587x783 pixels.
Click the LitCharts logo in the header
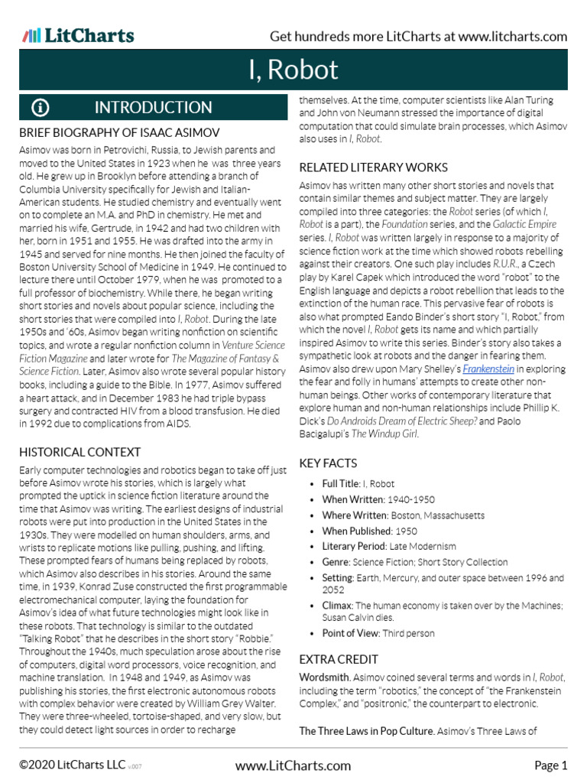click(78, 36)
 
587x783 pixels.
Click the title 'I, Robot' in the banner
click(293, 70)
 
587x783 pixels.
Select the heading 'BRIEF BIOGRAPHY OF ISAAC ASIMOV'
click(119, 133)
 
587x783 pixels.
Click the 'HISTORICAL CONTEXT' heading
click(79, 452)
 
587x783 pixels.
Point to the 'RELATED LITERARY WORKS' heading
click(373, 167)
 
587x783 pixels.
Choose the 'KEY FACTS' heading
click(328, 463)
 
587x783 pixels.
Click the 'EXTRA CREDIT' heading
click(339, 659)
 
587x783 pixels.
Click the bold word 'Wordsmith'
click(325, 677)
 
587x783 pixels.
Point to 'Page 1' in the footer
click(550, 765)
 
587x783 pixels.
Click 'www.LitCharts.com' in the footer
click(293, 765)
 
